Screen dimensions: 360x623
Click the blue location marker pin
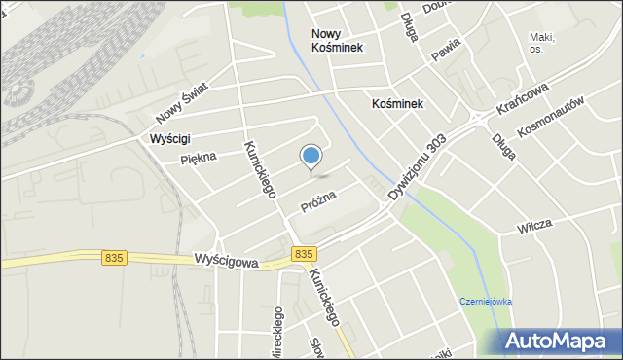311,157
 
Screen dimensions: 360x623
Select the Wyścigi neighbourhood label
170,139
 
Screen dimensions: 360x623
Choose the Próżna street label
318,201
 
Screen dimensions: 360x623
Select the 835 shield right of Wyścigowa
303,253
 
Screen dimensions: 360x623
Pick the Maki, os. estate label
542,42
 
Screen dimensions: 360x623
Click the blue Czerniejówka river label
487,302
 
